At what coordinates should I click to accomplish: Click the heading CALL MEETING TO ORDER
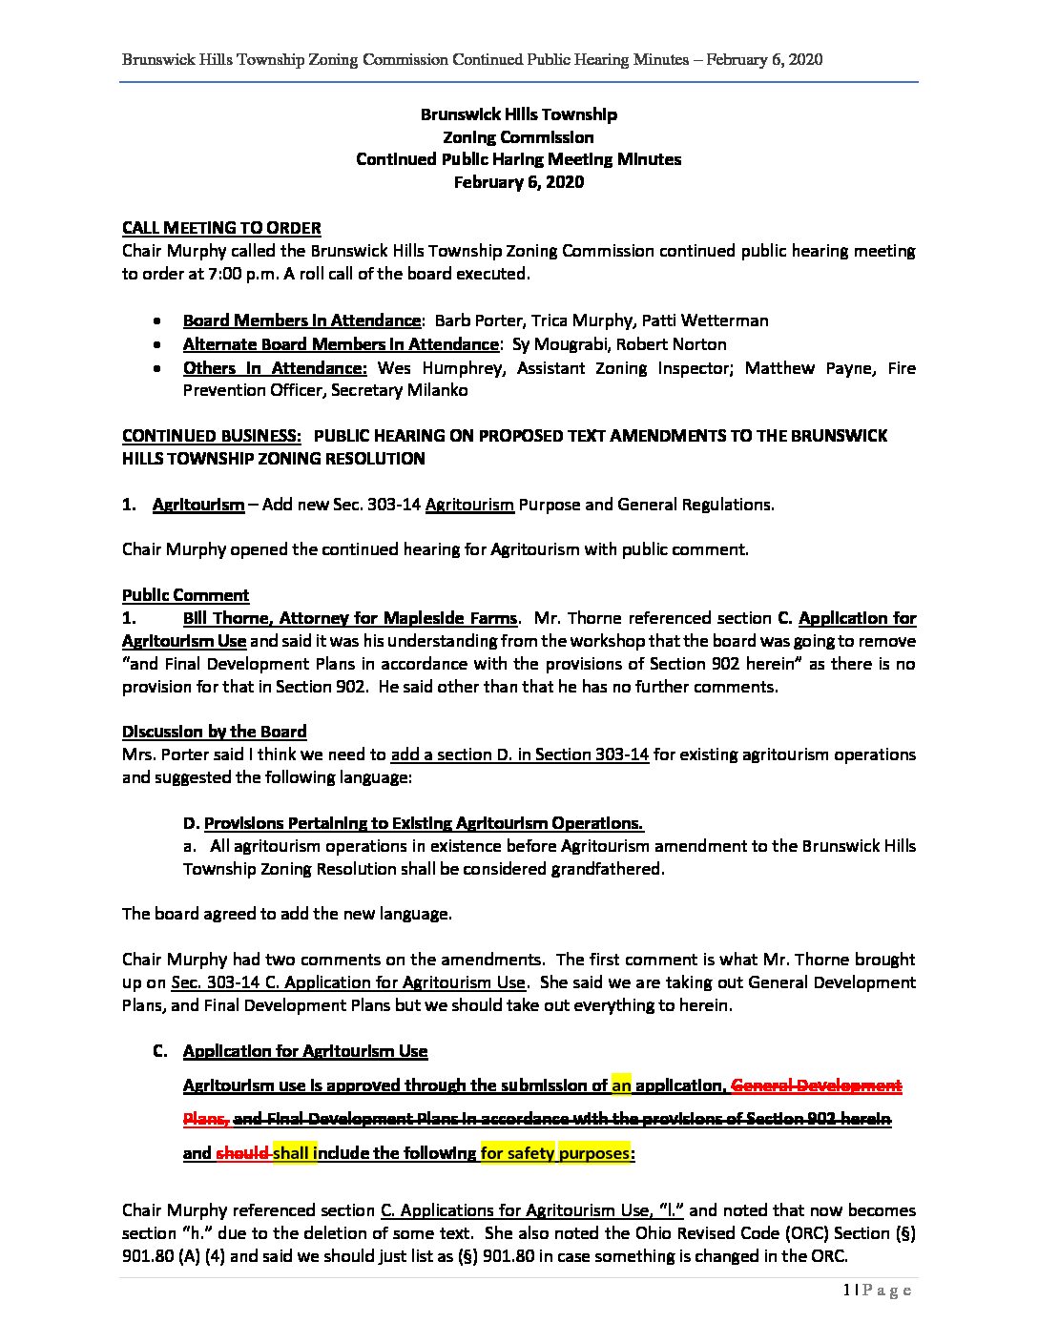coord(221,228)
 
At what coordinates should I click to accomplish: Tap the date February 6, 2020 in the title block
coord(518,182)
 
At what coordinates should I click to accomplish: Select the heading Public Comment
coord(185,595)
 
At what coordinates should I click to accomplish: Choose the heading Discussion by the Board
coord(214,732)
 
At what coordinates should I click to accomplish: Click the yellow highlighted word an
coord(621,1085)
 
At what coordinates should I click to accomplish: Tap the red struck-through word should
coord(242,1153)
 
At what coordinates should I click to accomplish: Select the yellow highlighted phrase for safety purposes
coord(554,1153)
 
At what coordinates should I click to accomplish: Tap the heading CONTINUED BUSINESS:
coord(212,436)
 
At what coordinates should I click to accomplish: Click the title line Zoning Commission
coord(518,137)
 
